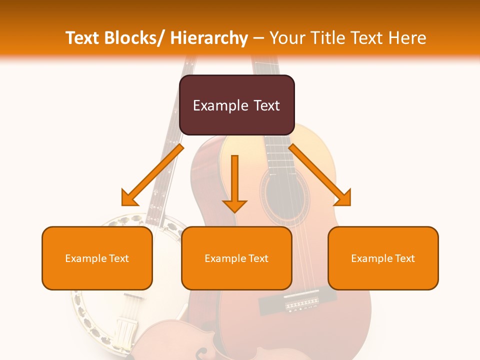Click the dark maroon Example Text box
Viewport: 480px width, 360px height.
(x=236, y=105)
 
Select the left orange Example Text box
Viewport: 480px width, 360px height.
(x=97, y=258)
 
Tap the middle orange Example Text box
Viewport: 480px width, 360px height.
(x=236, y=258)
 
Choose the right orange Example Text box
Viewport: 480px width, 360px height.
(x=383, y=258)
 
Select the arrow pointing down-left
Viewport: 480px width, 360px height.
(x=152, y=175)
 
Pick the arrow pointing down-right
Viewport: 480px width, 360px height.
(x=320, y=175)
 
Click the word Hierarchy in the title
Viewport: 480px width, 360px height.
(x=209, y=38)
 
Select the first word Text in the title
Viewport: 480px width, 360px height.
(x=83, y=38)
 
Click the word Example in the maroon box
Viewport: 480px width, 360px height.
(x=220, y=105)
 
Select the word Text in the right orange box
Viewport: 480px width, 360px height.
(x=404, y=258)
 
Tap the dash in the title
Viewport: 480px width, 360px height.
(x=258, y=38)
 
